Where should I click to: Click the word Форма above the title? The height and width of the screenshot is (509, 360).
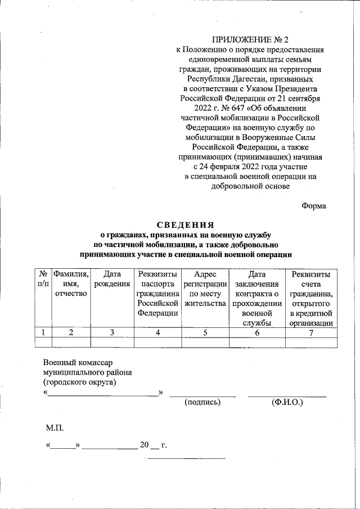point(313,205)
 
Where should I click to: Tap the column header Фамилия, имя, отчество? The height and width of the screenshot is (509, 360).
point(71,284)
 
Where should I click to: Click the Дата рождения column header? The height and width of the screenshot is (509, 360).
point(112,279)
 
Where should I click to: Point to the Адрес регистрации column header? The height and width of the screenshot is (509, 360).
point(205,289)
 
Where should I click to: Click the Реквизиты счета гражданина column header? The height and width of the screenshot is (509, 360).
point(311,298)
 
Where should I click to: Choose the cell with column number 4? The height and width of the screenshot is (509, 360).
point(158,332)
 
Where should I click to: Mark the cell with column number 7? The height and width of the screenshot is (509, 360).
point(311,332)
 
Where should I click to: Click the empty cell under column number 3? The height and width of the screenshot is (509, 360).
point(112,342)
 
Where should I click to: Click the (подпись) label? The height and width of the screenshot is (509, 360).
point(203,402)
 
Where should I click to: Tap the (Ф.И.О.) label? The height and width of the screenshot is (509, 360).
point(287,402)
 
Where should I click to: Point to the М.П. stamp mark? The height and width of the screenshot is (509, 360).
point(55,428)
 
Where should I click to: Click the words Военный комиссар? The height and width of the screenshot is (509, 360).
point(78,363)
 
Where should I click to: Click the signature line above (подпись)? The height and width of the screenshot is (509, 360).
point(203,396)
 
